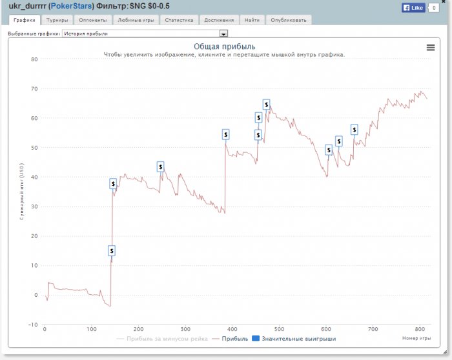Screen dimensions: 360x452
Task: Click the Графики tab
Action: (x=24, y=20)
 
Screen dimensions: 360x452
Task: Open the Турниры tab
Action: (x=57, y=20)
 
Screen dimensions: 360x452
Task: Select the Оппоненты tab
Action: (x=93, y=20)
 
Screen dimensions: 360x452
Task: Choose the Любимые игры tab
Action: (x=136, y=20)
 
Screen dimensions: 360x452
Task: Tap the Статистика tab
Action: (x=179, y=20)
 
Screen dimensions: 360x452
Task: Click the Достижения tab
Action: (x=218, y=20)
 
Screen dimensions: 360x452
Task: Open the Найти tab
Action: (x=252, y=20)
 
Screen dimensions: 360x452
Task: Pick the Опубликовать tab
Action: (x=289, y=20)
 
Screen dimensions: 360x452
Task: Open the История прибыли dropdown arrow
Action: (x=224, y=33)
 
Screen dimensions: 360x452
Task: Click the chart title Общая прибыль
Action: (x=225, y=46)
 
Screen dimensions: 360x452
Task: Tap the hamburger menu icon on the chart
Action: (x=431, y=47)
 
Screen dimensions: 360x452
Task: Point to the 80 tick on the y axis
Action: (x=34, y=59)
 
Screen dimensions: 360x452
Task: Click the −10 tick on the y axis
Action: (x=33, y=325)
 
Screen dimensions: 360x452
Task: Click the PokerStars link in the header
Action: (x=71, y=6)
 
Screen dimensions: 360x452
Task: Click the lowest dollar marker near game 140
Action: (x=112, y=250)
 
